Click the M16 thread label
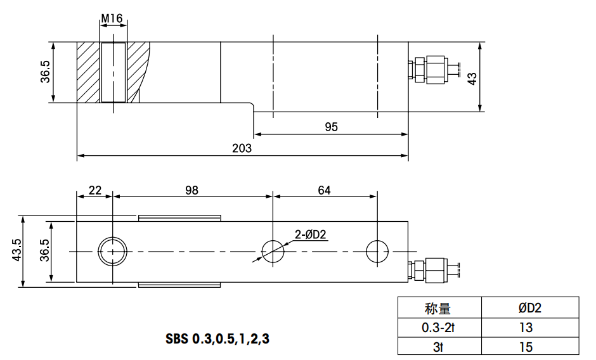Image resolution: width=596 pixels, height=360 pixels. click(x=112, y=18)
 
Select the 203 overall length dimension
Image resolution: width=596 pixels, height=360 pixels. click(x=242, y=148)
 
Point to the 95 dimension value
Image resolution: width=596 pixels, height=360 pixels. click(x=331, y=127)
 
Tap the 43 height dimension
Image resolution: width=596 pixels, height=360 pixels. click(x=471, y=77)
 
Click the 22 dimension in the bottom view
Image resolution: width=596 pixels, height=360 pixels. click(x=94, y=190)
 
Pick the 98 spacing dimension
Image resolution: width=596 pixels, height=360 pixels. click(x=192, y=190)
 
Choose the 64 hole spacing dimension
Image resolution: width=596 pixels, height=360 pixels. click(x=324, y=190)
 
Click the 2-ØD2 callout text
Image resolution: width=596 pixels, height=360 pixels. click(x=310, y=236)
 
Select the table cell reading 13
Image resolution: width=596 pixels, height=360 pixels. click(x=525, y=327)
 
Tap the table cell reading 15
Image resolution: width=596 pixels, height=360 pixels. click(x=525, y=347)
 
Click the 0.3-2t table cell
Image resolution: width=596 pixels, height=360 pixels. click(x=437, y=327)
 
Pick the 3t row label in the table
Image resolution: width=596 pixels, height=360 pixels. click(x=437, y=347)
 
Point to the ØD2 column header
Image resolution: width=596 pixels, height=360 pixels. click(x=529, y=308)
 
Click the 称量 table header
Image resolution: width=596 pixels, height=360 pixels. click(x=437, y=308)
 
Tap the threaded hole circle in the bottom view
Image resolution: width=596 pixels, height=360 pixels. click(x=112, y=252)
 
